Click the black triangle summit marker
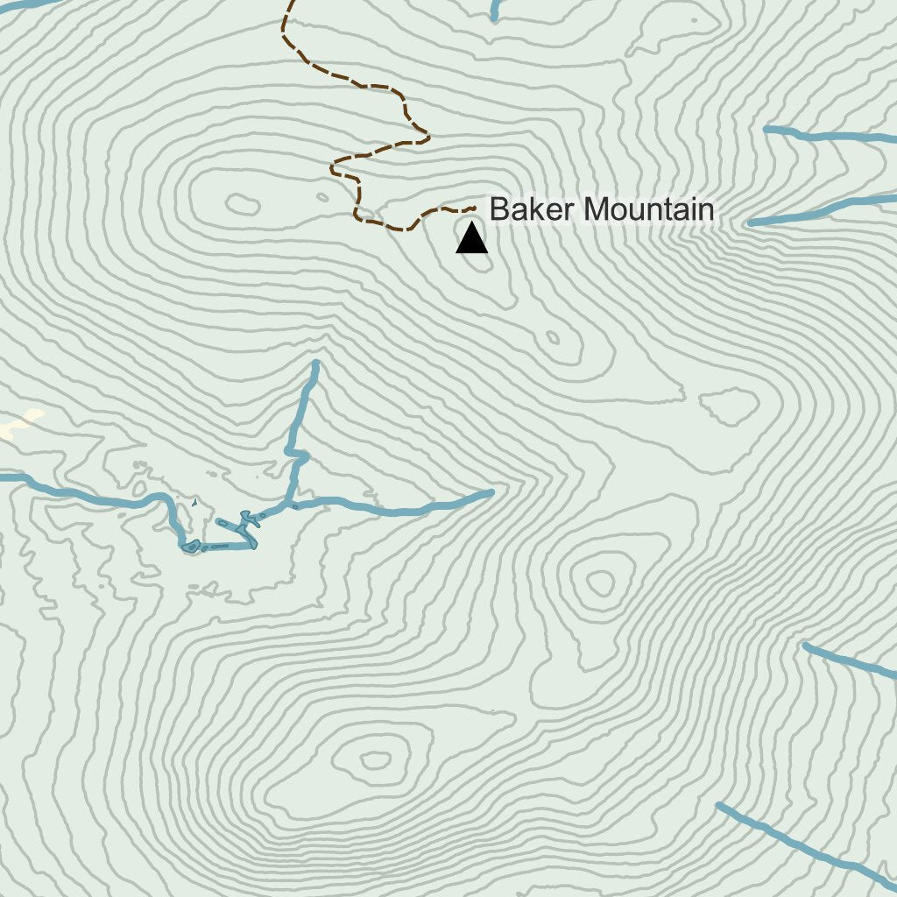pyautogui.click(x=471, y=239)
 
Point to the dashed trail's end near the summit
pyautogui.click(x=473, y=208)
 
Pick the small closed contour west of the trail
pyautogui.click(x=243, y=205)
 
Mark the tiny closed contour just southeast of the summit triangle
pyautogui.click(x=553, y=337)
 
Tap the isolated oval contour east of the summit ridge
pyautogui.click(x=729, y=406)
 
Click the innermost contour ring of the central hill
pyautogui.click(x=601, y=581)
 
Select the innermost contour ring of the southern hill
pyautogui.click(x=376, y=759)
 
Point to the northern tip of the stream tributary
pyautogui.click(x=315, y=363)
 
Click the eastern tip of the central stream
pyautogui.click(x=490, y=492)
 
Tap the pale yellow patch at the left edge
pyautogui.click(x=19, y=424)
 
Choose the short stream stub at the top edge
pyautogui.click(x=495, y=11)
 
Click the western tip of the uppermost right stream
pyautogui.click(x=766, y=130)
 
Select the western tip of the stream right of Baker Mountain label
pyautogui.click(x=752, y=222)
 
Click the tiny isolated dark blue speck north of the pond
pyautogui.click(x=194, y=504)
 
